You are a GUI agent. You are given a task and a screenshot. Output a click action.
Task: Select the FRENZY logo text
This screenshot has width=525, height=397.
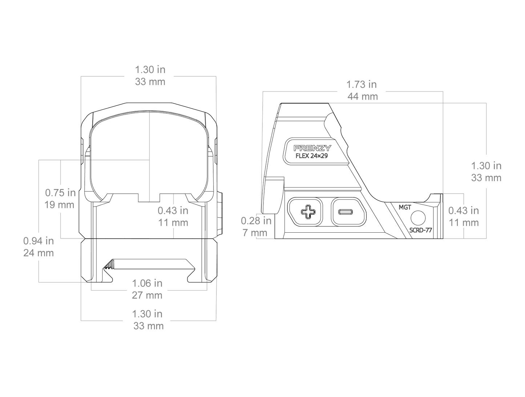[312, 148]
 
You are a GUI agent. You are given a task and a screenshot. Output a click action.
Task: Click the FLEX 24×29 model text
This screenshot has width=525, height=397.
[312, 156]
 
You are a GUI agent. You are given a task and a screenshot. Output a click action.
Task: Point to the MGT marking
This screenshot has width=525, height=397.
[405, 207]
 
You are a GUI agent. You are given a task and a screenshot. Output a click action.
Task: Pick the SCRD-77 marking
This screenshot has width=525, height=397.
[420, 230]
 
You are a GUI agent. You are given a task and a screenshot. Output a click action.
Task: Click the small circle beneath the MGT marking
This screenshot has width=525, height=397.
[418, 218]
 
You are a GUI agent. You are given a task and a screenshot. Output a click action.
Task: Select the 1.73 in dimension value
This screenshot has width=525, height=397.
[362, 84]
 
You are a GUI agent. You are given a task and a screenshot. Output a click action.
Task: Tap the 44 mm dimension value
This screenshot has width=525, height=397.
[363, 96]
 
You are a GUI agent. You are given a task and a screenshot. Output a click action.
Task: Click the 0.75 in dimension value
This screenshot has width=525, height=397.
[60, 193]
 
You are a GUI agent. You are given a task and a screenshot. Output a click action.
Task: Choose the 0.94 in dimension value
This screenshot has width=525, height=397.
[39, 241]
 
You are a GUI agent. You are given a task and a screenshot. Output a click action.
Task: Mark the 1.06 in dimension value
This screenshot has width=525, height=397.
[147, 283]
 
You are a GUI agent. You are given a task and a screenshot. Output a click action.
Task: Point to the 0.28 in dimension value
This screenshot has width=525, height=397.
[256, 221]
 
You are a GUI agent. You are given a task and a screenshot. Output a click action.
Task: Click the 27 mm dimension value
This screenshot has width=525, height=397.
[147, 295]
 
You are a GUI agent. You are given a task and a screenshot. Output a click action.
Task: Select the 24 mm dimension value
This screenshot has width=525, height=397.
[39, 253]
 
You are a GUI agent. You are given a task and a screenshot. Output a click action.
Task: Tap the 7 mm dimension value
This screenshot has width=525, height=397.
[255, 233]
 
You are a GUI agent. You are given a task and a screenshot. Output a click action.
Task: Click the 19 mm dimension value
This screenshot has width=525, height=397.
[59, 205]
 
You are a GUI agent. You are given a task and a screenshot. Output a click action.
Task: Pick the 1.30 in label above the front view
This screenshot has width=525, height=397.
[150, 70]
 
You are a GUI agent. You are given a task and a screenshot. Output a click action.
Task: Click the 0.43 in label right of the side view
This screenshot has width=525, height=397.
[464, 210]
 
